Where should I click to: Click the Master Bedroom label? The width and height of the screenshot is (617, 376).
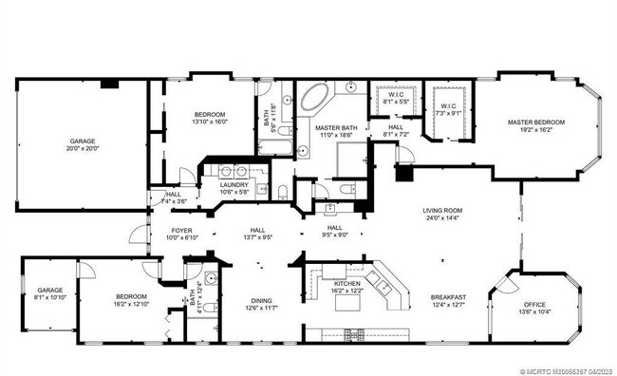[x=535, y=122]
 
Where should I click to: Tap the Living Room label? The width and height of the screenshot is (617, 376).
[x=442, y=211]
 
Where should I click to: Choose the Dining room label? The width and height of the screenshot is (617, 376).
[x=260, y=299]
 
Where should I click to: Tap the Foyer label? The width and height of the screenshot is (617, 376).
[x=182, y=231]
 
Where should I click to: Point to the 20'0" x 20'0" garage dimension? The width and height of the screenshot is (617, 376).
[x=83, y=149]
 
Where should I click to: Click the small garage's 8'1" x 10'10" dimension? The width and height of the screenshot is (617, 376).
[x=50, y=298]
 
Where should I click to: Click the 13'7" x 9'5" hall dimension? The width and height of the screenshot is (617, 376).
[x=256, y=237]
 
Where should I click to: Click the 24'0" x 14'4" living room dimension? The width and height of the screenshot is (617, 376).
[x=442, y=218]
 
